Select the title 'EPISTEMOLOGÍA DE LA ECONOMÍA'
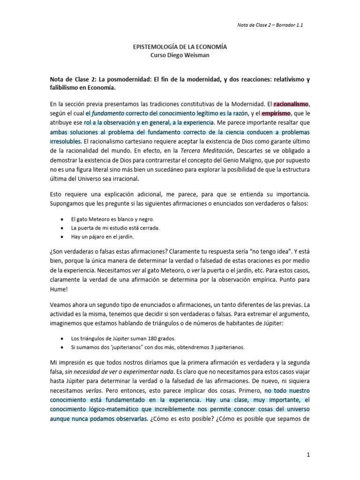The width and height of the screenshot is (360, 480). (180, 47)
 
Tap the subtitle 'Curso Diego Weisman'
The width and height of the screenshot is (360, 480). (180, 55)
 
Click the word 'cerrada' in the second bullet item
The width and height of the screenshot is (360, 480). (149, 228)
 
